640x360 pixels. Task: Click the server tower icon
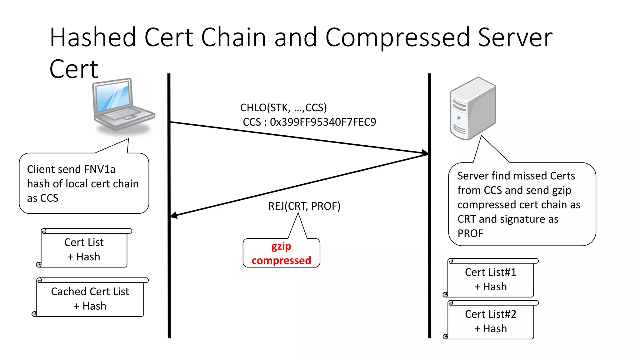coord(473,108)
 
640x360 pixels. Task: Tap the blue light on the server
coord(458,117)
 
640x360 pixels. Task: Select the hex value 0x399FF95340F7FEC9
coord(323,122)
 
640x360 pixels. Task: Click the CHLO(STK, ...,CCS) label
coord(283,108)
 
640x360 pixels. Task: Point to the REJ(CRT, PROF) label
coord(304,206)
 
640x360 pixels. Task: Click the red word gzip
coord(281,247)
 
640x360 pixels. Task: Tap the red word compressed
coord(281,261)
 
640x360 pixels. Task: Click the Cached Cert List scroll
coord(90,298)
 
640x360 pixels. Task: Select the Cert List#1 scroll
coord(490,279)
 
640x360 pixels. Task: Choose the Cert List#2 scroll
coord(490,321)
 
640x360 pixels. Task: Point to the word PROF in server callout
coord(470,233)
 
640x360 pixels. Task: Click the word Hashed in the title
coord(93,37)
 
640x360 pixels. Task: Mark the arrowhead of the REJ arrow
coord(174,215)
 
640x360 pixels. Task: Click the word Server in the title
coord(515,37)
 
